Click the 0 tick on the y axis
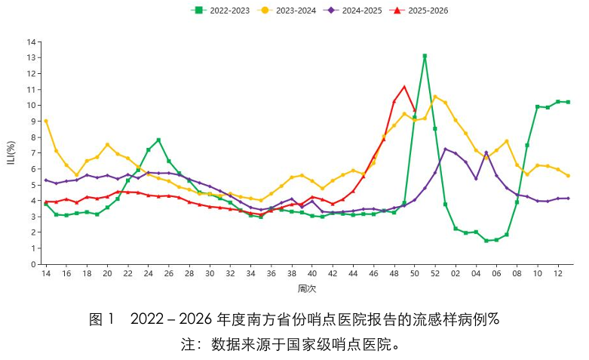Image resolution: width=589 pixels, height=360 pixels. pyautogui.click(x=32, y=264)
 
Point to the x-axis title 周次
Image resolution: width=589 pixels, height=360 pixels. pyautogui.click(x=306, y=288)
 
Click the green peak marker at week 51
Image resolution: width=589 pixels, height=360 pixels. pyautogui.click(x=425, y=56)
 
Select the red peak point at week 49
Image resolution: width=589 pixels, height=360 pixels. pyautogui.click(x=404, y=87)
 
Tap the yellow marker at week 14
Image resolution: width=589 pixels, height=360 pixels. pyautogui.click(x=46, y=121)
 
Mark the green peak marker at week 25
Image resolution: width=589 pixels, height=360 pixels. pyautogui.click(x=158, y=140)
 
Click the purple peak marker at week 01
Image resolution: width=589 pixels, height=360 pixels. pyautogui.click(x=446, y=149)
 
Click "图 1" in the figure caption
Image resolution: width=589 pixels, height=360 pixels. pyautogui.click(x=101, y=319)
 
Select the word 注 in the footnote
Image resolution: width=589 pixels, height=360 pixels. pyautogui.click(x=188, y=344)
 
